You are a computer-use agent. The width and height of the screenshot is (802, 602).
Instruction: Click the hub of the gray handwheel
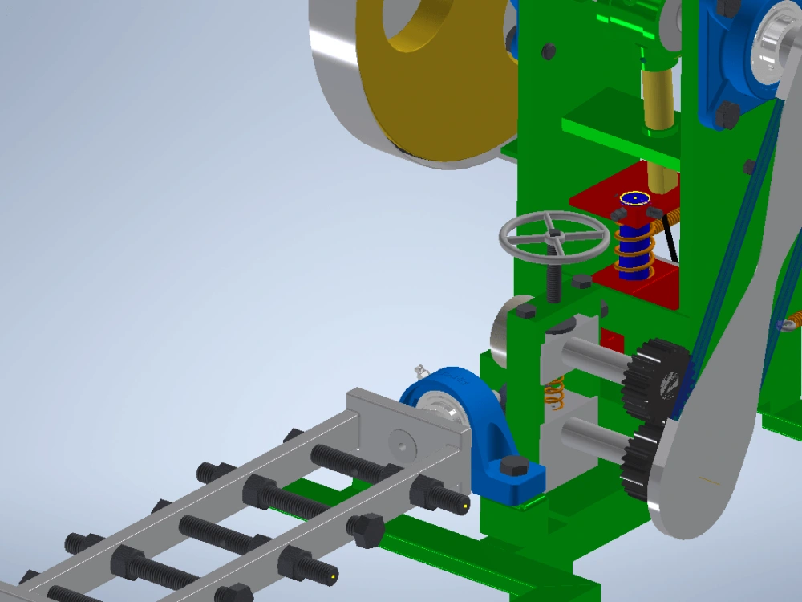pyautogui.click(x=553, y=234)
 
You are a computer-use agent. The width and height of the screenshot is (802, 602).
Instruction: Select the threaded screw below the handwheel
pyautogui.click(x=554, y=277)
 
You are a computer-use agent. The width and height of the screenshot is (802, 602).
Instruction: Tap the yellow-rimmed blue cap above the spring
pyautogui.click(x=634, y=197)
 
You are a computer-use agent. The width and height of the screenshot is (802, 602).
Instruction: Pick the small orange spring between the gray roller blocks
pyautogui.click(x=553, y=391)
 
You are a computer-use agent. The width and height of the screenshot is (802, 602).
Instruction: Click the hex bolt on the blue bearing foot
pyautogui.click(x=514, y=466)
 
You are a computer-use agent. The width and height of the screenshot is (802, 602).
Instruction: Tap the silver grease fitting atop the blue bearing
pyautogui.click(x=420, y=371)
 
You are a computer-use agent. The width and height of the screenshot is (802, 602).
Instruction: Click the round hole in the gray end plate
pyautogui.click(x=400, y=442)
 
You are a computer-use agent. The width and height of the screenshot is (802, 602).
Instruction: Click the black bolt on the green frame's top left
pyautogui.click(x=549, y=51)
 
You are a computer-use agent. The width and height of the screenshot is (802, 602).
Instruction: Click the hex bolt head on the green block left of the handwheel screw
pyautogui.click(x=525, y=309)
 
